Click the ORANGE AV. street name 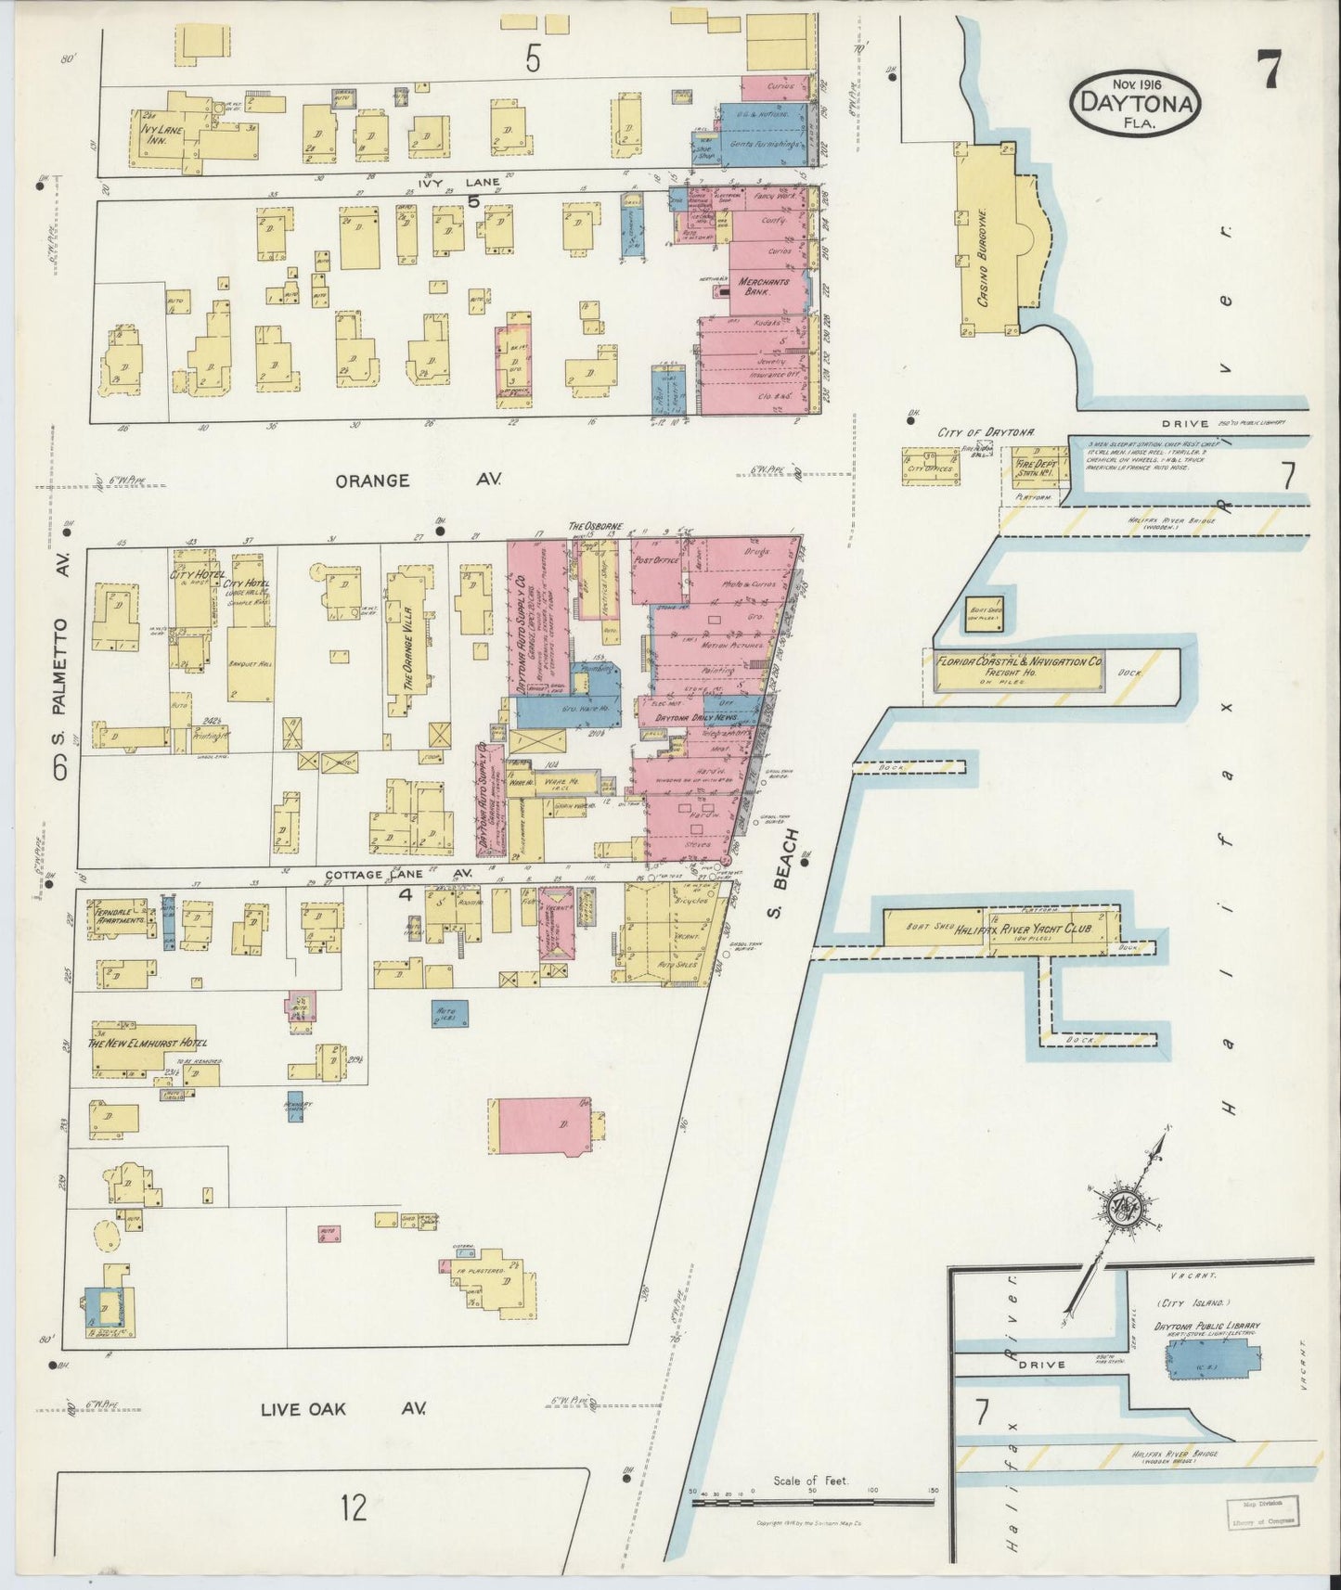[x=418, y=481]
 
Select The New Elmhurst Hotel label [x=147, y=1043]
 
